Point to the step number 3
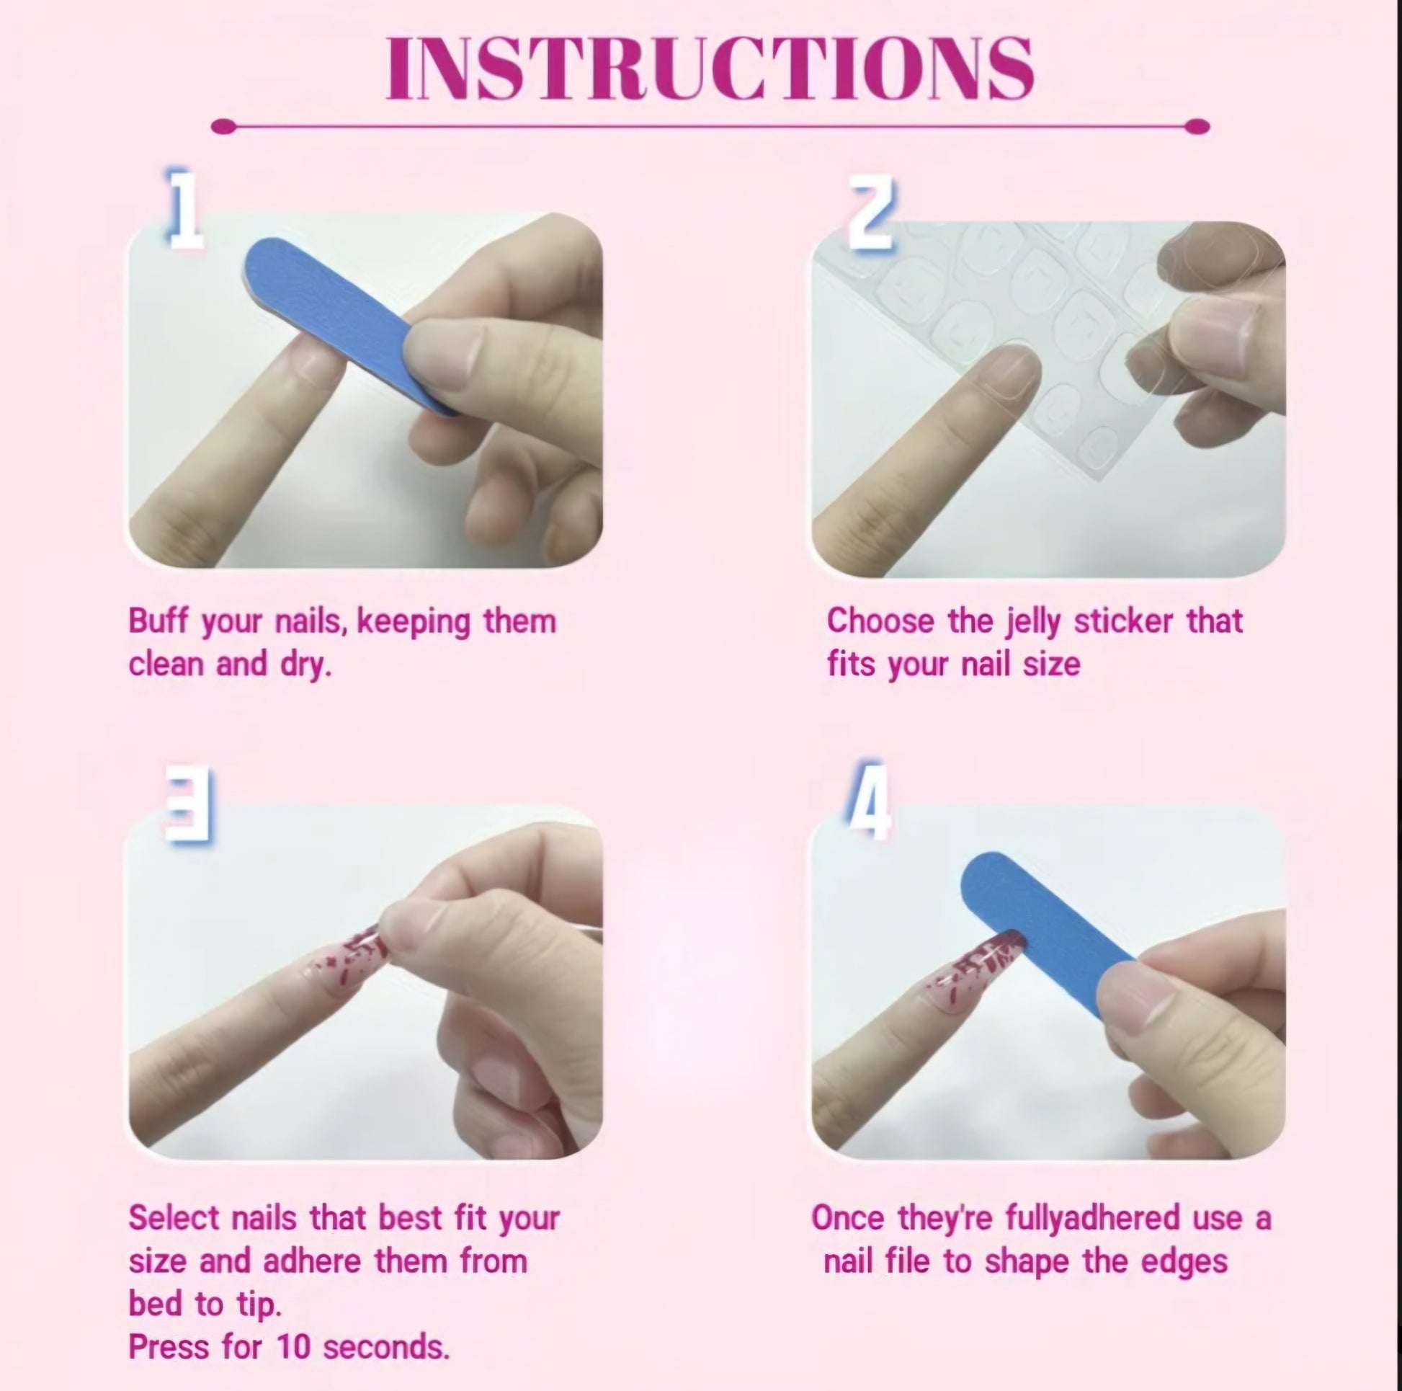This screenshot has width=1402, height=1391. [x=189, y=804]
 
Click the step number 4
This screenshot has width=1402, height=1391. [x=869, y=800]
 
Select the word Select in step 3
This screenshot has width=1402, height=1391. [x=174, y=1217]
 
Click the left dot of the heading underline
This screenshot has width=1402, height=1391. [x=223, y=127]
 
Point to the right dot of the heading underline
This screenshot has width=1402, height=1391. [x=1197, y=127]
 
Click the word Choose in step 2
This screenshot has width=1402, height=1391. [x=880, y=621]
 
